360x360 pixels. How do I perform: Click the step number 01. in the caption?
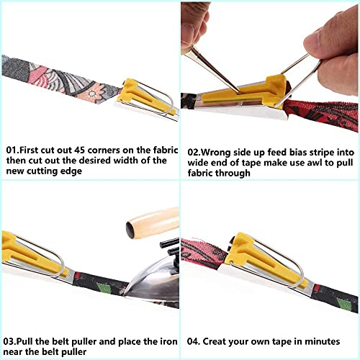(13, 150)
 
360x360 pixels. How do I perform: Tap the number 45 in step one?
(79, 150)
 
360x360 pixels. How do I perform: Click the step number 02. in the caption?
(194, 153)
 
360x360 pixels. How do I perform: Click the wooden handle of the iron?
(153, 222)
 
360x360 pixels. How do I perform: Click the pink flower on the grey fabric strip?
(91, 93)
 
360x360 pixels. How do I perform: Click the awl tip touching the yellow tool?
(238, 91)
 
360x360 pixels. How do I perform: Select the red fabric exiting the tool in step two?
(322, 114)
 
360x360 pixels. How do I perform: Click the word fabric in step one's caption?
(165, 150)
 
